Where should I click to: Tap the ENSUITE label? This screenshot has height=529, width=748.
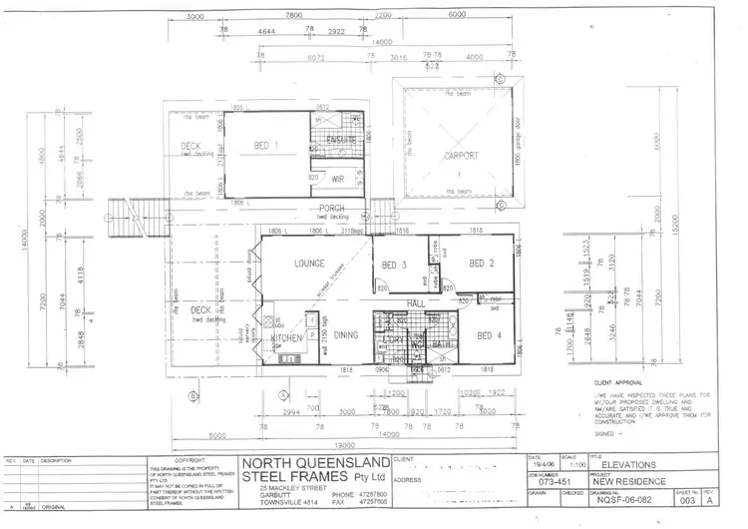(341, 142)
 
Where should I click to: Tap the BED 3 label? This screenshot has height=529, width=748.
(392, 264)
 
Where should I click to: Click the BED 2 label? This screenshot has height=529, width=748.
(484, 264)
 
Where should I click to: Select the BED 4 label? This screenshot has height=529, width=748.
(491, 336)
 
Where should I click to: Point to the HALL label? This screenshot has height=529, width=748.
(417, 302)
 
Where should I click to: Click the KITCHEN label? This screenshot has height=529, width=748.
(287, 338)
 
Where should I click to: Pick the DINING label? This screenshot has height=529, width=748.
(346, 336)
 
